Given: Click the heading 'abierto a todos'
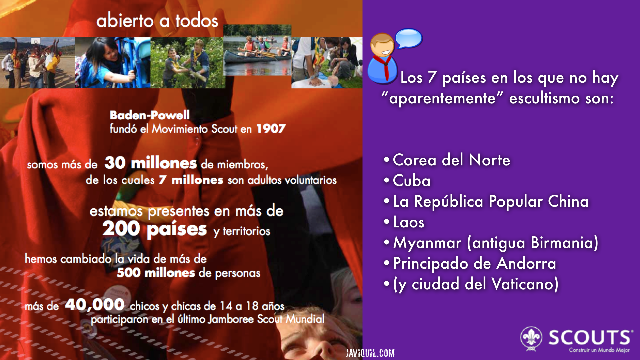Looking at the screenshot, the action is coord(157,21).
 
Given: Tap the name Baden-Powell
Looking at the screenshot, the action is coord(150,115).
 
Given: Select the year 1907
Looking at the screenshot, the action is coord(271,129).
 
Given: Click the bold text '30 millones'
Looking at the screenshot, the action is coord(151,163).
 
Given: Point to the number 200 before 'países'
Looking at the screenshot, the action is coord(121,229).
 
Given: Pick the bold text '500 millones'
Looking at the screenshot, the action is coord(156,273).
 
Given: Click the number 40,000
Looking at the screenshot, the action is coord(95,304).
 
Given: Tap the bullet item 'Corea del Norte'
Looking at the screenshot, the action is coord(451,160).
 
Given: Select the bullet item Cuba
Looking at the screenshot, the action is coord(412,181).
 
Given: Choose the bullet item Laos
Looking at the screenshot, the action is coord(409,222).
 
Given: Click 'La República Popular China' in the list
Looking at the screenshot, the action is coord(491,201).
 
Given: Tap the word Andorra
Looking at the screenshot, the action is coord(526,263).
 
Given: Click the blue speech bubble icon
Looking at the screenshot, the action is coord(409,38).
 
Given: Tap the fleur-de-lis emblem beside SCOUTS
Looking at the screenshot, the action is coord(531,339).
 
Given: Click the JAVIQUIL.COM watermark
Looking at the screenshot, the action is coord(370,353).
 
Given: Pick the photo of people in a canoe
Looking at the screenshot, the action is coord(257,50).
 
